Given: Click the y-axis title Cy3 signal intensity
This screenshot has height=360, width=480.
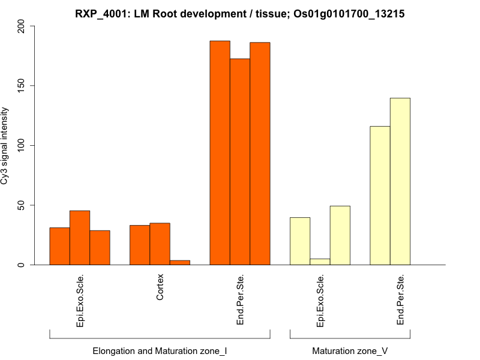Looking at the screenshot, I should click(x=5, y=146).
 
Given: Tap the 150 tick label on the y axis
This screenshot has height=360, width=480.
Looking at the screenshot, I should click(x=22, y=86).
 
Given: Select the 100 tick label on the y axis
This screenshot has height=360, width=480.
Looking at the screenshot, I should click(x=22, y=145).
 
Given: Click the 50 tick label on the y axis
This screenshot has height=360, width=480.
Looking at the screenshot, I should click(x=22, y=205).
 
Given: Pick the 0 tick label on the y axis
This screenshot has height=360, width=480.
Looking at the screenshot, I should click(x=22, y=265).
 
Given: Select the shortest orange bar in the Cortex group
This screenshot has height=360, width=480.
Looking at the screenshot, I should click(x=180, y=262).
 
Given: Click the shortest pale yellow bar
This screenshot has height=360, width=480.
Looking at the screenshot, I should click(x=320, y=262).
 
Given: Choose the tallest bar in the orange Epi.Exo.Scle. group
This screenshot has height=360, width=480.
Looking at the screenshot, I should click(x=80, y=238).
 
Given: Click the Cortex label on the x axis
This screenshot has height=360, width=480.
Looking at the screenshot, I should click(x=160, y=287).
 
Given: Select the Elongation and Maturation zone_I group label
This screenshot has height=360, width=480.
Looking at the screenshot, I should click(x=160, y=350).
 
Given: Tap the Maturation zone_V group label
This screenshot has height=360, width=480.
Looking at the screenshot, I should click(x=350, y=350).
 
